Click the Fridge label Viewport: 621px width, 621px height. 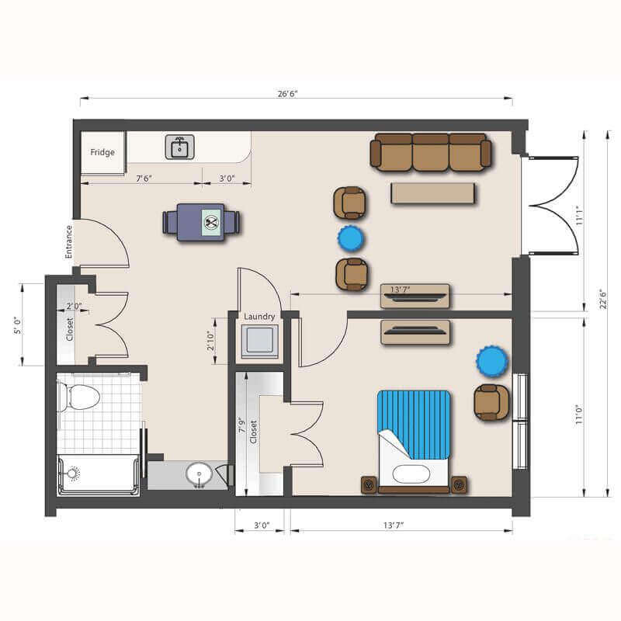point(102,152)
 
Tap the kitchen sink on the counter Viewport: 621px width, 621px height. point(180,147)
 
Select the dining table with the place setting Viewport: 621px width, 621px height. point(201,222)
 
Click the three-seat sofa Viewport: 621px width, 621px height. point(431,152)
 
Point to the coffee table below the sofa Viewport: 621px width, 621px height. point(433,193)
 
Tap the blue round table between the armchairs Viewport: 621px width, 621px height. point(351,239)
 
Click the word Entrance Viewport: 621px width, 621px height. point(69,241)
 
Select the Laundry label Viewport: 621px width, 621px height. point(259,317)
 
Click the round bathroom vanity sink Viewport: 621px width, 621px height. point(199,474)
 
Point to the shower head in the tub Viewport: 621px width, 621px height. point(73,474)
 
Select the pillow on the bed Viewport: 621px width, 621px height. point(411,474)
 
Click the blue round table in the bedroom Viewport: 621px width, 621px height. point(492,361)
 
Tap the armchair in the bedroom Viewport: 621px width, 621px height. point(491,402)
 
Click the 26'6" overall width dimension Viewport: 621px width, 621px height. point(287,94)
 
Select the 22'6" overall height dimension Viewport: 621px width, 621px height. point(603,299)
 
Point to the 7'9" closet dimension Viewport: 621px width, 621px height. point(242,425)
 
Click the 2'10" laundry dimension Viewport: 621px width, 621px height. point(210,341)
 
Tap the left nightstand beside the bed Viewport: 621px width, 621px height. point(369,484)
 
